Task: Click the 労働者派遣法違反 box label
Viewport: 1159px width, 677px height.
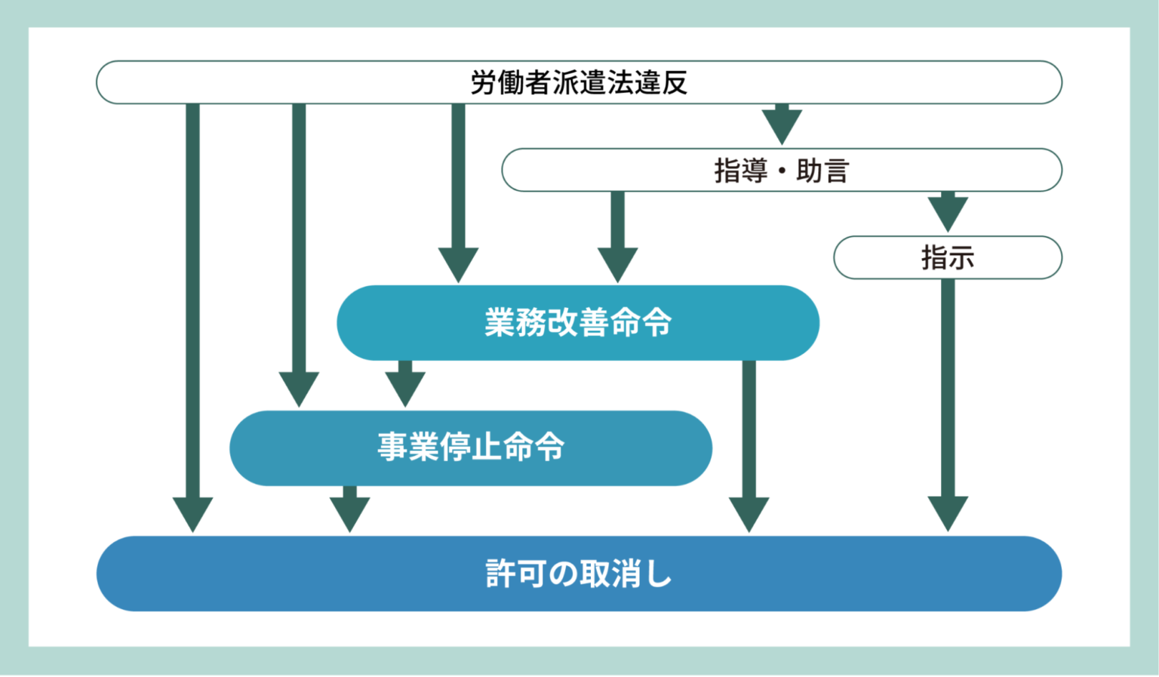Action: point(579,82)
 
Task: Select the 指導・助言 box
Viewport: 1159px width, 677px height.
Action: point(781,171)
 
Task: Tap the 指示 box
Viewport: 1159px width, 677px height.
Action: point(947,258)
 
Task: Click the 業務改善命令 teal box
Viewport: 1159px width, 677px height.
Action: point(578,323)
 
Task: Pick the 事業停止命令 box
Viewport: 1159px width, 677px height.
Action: point(471,448)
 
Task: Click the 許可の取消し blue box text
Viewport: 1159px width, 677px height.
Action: point(579,574)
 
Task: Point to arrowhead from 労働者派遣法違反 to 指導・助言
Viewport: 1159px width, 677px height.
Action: point(782,125)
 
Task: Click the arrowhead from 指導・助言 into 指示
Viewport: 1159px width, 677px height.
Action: point(948,214)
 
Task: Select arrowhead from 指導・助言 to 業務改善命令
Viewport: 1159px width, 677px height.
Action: point(617,264)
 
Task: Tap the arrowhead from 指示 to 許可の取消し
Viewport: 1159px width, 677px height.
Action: point(948,513)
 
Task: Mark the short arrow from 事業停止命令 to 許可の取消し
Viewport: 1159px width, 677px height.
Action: point(349,512)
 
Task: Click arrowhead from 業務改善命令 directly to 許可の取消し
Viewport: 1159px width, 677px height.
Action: point(749,513)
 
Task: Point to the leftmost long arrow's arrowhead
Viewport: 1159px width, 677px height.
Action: point(192,513)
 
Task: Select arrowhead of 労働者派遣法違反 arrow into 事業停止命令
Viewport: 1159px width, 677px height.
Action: point(299,388)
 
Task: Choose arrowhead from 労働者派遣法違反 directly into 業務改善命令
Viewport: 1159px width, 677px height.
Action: point(458,264)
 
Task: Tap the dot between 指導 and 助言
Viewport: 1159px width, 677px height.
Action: point(782,171)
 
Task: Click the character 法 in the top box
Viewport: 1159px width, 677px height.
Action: point(619,82)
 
